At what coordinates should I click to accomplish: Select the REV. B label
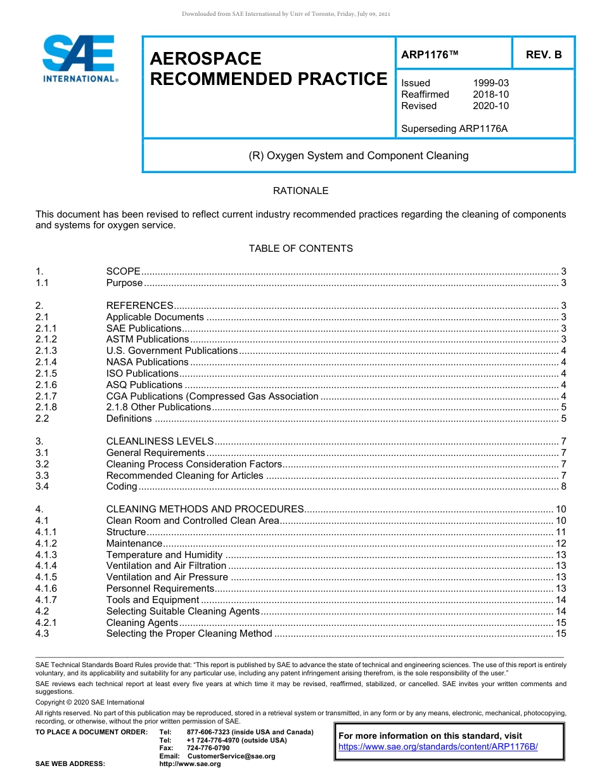point(543,55)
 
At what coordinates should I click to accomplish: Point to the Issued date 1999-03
point(490,83)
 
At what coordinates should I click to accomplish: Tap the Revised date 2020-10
point(490,106)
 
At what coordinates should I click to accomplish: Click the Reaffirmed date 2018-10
point(490,94)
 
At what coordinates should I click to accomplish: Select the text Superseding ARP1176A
point(454,129)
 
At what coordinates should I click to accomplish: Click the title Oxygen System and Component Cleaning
point(358,155)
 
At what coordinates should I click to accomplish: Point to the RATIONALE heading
point(300,191)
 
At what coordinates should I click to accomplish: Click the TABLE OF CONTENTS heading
point(300,249)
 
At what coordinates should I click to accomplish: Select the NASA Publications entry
point(147,362)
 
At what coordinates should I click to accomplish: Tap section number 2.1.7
point(46,396)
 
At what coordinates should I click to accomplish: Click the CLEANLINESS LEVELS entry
point(160,441)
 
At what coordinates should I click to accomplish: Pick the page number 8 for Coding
point(563,486)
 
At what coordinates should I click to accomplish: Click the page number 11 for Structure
point(560,532)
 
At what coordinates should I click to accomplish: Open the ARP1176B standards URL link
point(438,746)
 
